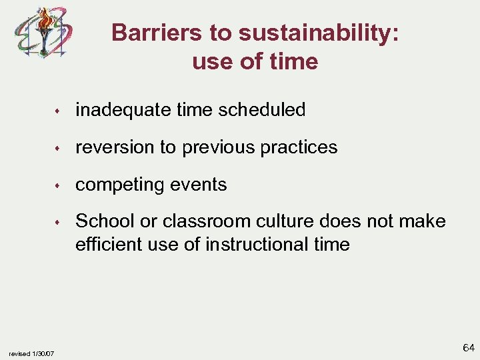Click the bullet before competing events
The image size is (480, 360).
[59, 185]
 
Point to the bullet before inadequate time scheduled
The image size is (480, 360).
[59, 111]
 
